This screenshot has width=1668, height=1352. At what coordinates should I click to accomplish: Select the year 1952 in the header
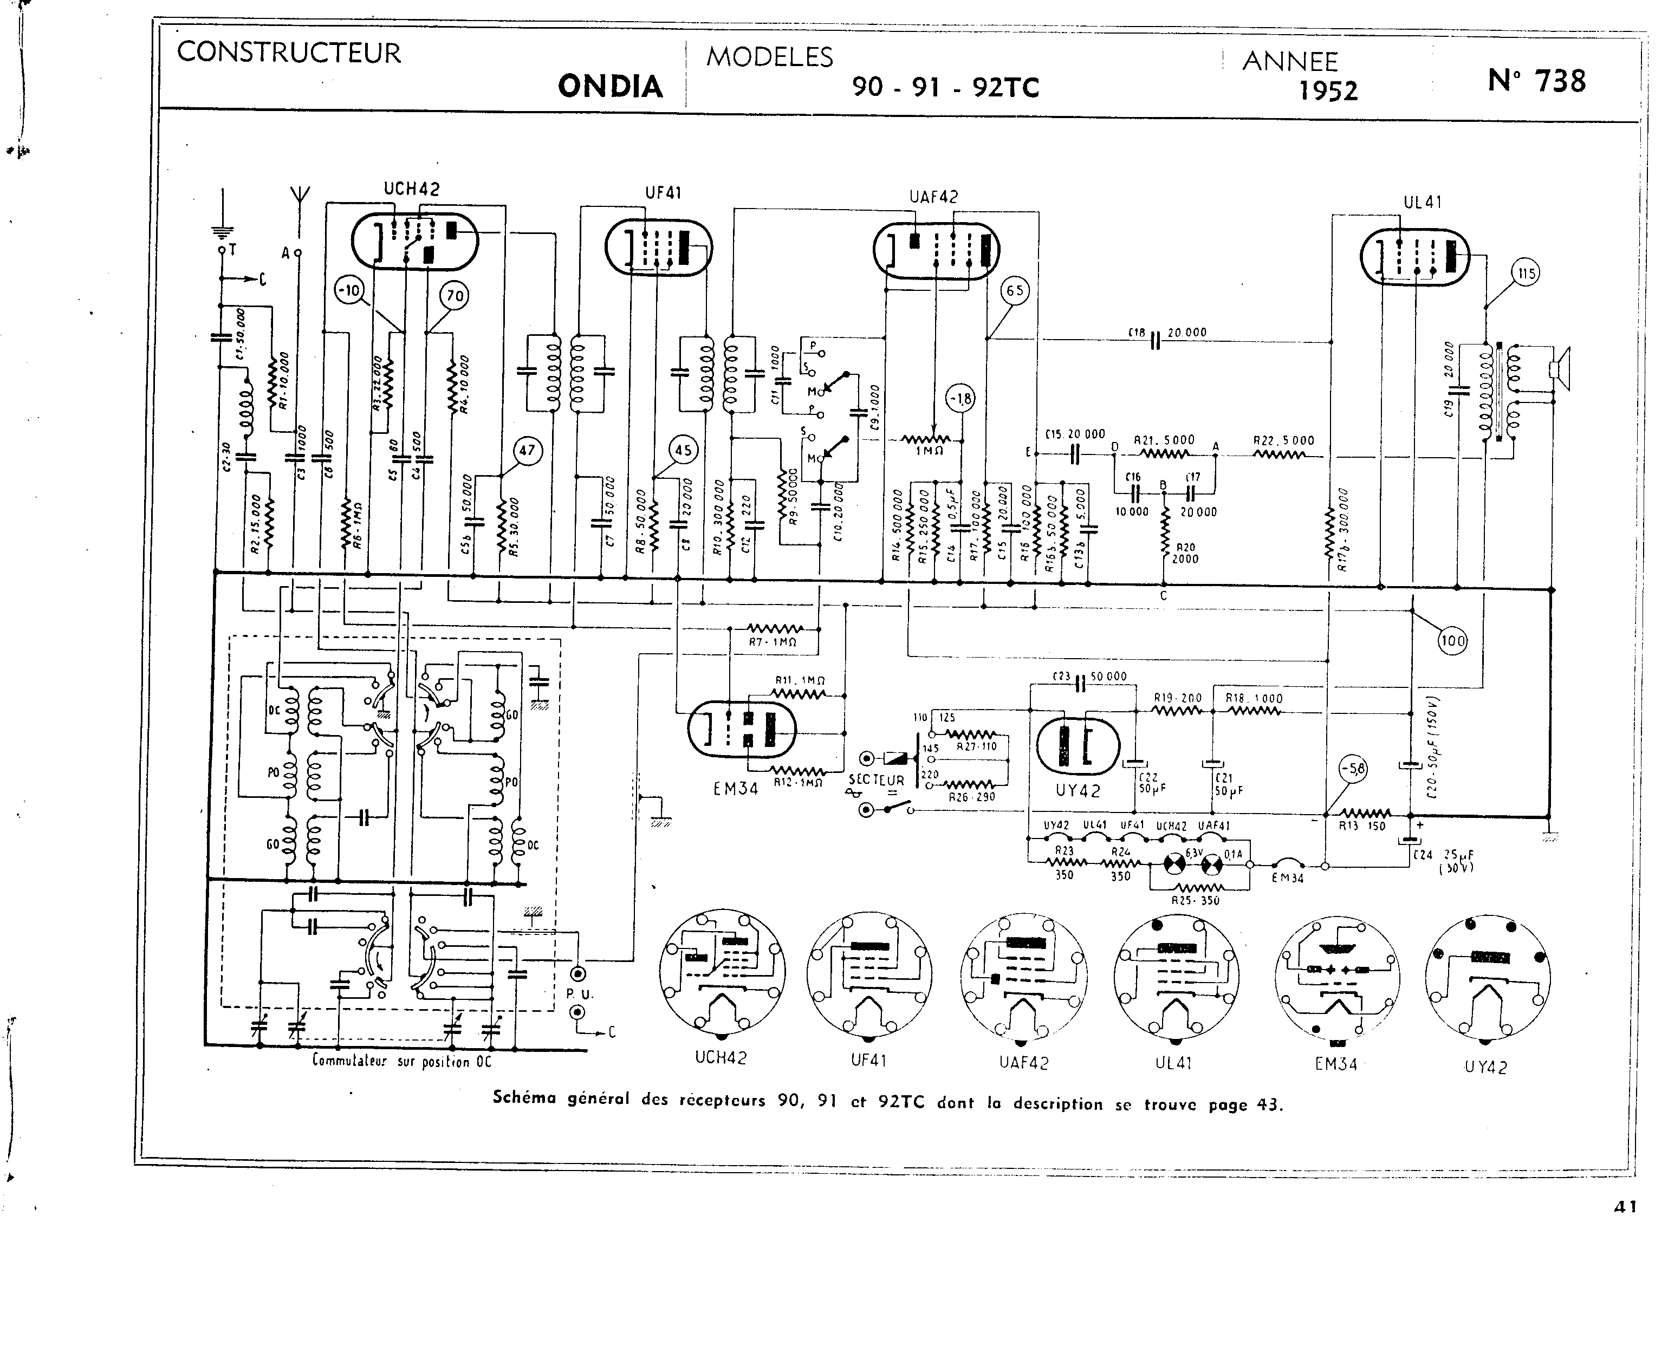1328,91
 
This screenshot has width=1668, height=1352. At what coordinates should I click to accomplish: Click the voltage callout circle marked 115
1526,274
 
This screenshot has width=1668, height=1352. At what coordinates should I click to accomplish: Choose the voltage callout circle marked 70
454,295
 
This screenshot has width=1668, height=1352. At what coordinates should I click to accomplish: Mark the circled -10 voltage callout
349,291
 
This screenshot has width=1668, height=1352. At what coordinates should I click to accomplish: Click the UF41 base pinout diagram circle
869,973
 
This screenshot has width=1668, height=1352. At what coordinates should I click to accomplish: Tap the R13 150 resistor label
1361,825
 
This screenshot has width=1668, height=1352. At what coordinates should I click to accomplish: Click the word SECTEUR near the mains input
876,779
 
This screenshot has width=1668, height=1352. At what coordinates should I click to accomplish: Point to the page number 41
1625,1206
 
